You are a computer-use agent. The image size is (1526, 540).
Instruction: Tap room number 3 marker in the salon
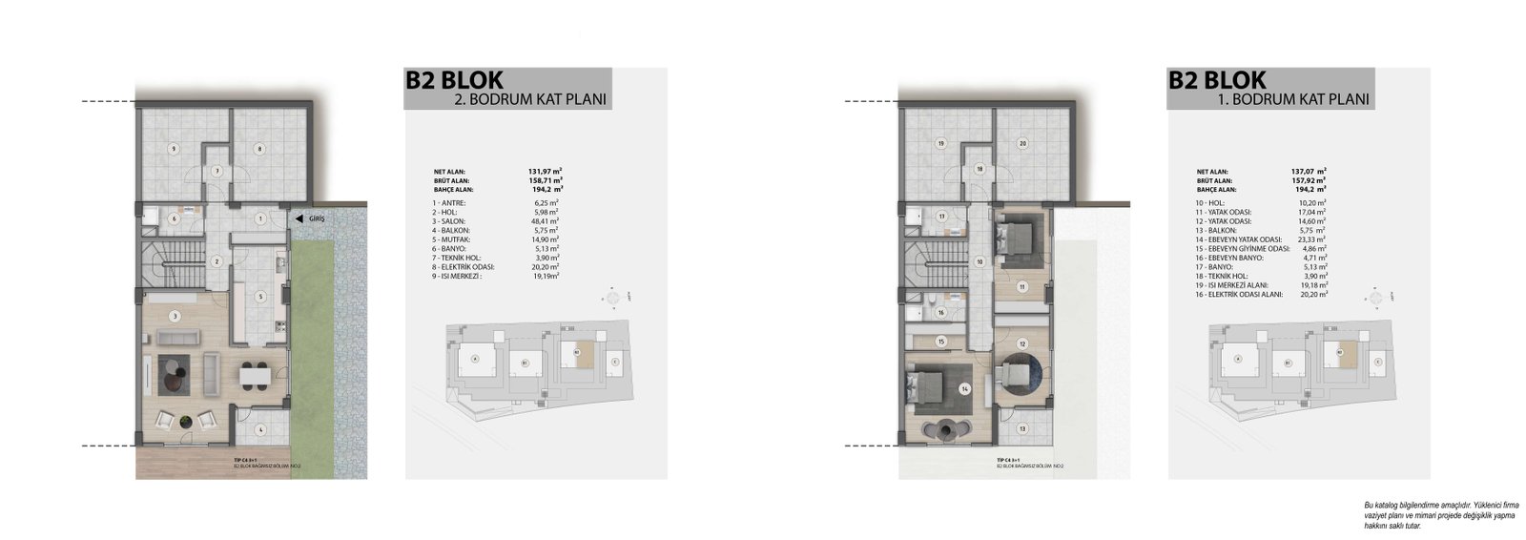coord(175,315)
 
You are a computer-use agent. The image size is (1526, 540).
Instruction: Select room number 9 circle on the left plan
coord(174,148)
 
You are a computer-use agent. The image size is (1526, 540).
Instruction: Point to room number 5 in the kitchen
coord(259,296)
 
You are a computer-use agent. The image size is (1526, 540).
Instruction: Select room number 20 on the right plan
coord(1021,144)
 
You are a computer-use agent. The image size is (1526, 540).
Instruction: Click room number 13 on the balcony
coord(1021,428)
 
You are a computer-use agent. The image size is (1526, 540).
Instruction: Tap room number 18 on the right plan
coord(979,169)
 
